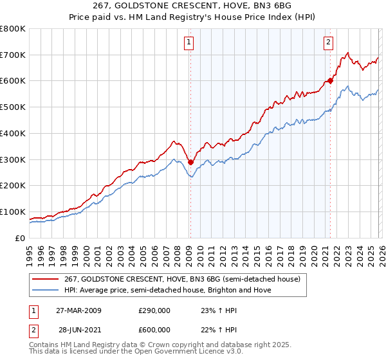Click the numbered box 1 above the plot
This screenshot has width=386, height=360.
[190, 43]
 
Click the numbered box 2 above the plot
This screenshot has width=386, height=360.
[328, 43]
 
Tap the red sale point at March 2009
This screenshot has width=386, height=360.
[190, 162]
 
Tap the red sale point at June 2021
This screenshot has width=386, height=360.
[330, 80]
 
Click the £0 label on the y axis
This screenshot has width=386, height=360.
[21, 238]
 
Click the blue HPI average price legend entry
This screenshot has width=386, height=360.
[168, 291]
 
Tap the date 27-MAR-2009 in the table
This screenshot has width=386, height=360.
[78, 310]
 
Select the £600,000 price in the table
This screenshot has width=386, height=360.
[154, 330]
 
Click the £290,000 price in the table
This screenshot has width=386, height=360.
[154, 310]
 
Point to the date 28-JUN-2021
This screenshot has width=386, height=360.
[78, 330]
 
